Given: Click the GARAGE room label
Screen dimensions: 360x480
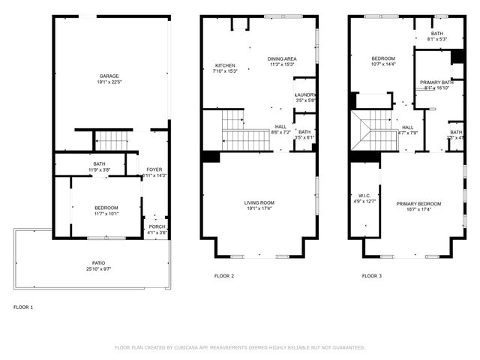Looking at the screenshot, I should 110,76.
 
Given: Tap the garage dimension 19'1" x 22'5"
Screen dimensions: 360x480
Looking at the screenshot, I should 110,82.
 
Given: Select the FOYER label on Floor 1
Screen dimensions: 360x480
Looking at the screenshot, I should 154,169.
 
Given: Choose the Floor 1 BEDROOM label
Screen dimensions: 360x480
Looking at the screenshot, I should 106,208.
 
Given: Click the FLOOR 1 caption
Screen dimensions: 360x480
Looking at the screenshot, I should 23,307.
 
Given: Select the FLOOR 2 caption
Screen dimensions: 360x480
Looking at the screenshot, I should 224,276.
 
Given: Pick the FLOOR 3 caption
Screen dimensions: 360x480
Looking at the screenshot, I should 372,276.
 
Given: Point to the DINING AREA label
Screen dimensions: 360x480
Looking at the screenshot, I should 282,58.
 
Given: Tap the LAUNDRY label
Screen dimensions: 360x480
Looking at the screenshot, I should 305,94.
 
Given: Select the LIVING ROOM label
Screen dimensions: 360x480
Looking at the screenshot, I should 259,202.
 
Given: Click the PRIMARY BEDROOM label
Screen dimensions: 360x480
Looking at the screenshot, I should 418,204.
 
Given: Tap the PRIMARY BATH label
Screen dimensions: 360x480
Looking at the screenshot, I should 436,82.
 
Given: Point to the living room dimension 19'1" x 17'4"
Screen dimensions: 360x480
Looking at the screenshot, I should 259,209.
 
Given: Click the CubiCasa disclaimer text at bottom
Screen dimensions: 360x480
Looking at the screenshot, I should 239,347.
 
